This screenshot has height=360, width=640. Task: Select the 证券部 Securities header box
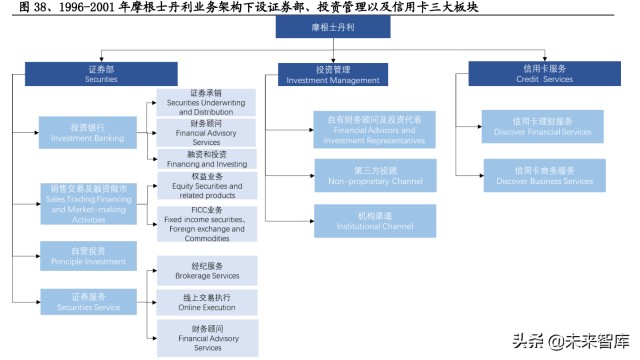(x=87, y=73)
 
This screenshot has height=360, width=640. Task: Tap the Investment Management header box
(x=332, y=73)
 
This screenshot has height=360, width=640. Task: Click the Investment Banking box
(x=88, y=132)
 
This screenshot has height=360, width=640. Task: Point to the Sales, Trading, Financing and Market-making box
(x=88, y=204)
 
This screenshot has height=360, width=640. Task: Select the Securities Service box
(x=88, y=302)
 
